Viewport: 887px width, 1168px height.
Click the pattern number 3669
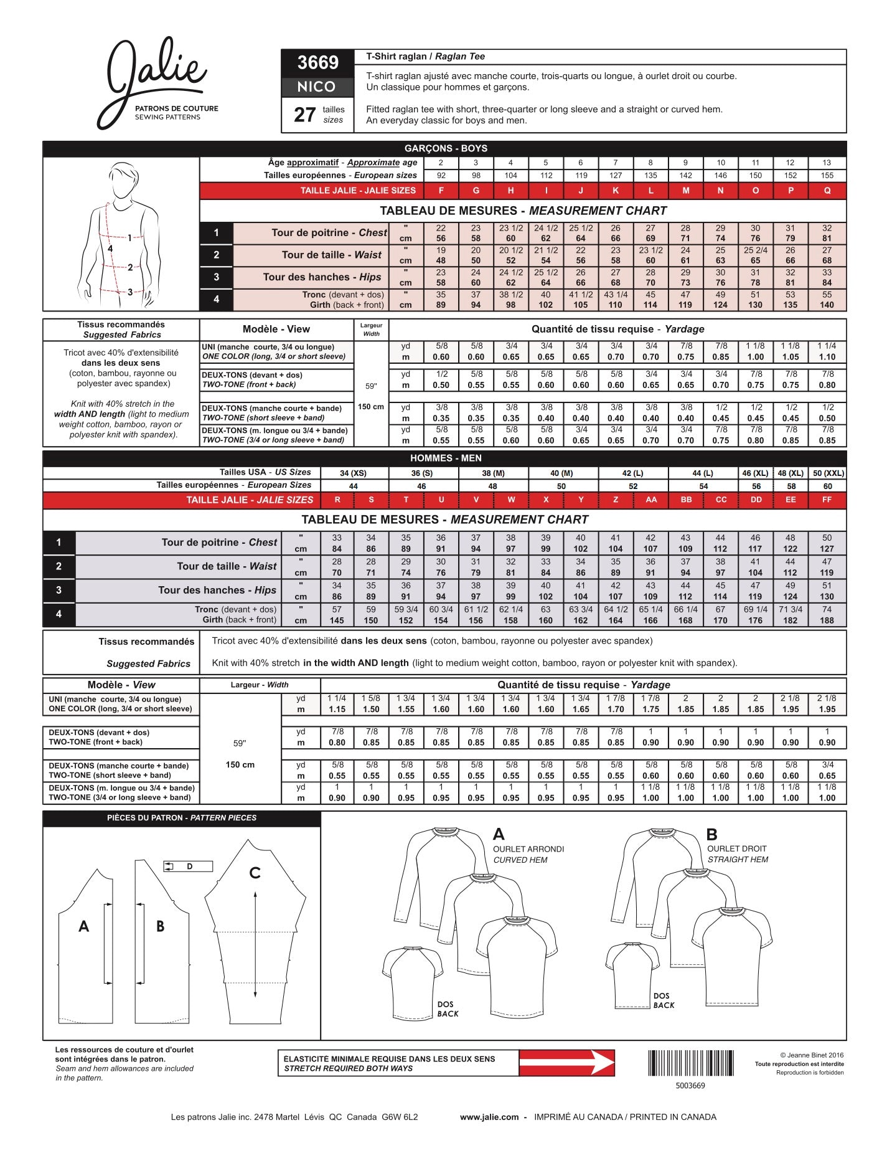coord(317,62)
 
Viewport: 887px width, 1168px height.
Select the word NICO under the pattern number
coord(317,87)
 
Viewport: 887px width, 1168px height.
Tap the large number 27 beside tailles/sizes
coord(305,115)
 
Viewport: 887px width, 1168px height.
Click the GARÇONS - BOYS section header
coord(446,148)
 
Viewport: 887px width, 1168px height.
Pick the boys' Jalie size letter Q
coord(827,191)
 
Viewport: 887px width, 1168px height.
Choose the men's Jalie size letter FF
coord(827,500)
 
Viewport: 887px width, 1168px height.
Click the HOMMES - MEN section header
coord(446,458)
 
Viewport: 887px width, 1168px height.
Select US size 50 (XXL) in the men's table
coord(828,473)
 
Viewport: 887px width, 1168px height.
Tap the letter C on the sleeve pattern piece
coord(255,873)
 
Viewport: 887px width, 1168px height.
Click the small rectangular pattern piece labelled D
coord(189,866)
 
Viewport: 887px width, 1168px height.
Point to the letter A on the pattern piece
coord(84,926)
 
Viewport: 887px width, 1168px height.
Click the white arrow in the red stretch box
coord(566,1063)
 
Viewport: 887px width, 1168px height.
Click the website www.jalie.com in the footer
coord(489,1117)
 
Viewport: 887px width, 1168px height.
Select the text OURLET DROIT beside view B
coord(737,848)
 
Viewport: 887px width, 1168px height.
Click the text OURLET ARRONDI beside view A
coord(528,849)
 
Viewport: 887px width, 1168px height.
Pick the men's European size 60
coord(827,486)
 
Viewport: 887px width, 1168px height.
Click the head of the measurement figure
coord(124,179)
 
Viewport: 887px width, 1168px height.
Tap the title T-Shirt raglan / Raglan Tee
coord(425,57)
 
